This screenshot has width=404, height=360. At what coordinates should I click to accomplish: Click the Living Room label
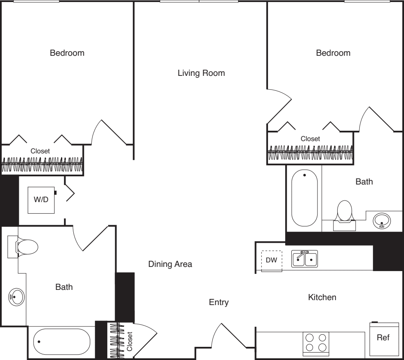point(201,73)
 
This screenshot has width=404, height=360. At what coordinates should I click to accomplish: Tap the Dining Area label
point(170,264)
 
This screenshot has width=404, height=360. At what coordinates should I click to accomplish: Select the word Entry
point(219,302)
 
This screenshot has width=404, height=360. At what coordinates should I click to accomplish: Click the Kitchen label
point(322,297)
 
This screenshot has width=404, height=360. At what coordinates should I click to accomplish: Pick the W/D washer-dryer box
point(41,200)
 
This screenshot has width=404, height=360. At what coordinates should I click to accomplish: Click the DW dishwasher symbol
point(272,261)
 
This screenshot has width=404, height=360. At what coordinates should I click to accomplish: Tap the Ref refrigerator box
point(384,339)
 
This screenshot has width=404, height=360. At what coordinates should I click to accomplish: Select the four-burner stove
point(316,342)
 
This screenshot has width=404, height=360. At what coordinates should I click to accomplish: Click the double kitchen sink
point(304,259)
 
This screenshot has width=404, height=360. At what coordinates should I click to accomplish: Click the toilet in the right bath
point(345,215)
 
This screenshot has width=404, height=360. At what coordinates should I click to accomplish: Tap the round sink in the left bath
point(16,297)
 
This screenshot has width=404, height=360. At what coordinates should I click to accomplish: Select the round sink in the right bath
point(382,221)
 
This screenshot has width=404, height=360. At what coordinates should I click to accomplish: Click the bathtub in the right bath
point(304,198)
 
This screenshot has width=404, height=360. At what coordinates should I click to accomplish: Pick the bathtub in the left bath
point(62,342)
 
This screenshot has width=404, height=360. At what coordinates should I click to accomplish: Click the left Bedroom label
point(67,53)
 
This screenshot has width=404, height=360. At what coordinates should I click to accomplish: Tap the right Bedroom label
point(333,53)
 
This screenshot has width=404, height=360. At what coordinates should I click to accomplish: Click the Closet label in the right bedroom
point(310,139)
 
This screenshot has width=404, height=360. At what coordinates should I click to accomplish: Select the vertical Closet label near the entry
point(129,342)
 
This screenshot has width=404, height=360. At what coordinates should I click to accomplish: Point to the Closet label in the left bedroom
point(40,151)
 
